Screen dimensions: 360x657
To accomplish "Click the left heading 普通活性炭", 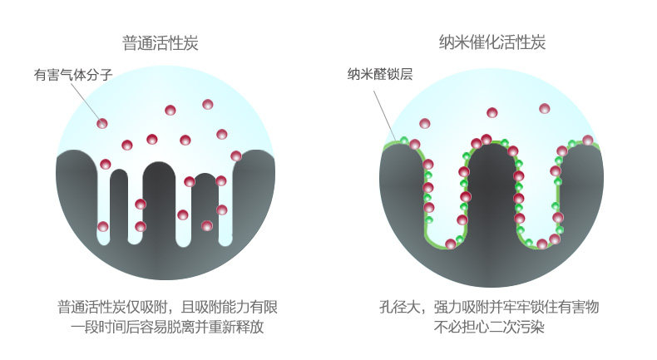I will [x=160, y=42].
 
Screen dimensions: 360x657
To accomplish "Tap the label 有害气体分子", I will [x=72, y=75].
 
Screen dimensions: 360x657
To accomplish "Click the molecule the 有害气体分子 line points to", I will [x=102, y=123].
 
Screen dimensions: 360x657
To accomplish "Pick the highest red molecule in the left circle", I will [x=208, y=104].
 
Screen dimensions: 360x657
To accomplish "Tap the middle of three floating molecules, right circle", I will [x=492, y=112].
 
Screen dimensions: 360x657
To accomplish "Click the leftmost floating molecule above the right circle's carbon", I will [x=424, y=123].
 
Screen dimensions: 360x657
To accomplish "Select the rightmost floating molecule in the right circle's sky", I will [x=545, y=108].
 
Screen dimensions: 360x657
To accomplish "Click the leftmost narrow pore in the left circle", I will [x=103, y=204].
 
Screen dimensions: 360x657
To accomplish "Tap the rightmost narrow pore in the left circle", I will [x=224, y=212].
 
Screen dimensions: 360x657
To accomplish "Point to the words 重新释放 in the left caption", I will [x=236, y=328].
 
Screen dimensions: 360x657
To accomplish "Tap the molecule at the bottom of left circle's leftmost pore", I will [x=103, y=226].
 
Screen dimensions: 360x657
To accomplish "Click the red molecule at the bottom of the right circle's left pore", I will [x=450, y=244].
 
